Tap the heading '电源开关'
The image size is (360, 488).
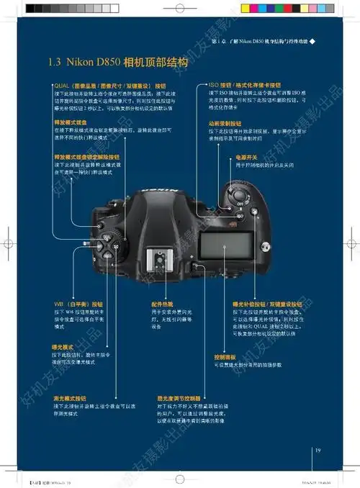[247, 157]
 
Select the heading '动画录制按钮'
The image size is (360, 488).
[225, 123]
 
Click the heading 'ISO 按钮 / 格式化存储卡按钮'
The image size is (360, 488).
[244, 85]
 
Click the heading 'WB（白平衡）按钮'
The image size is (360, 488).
[78, 304]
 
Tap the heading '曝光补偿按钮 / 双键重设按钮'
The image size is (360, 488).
[267, 304]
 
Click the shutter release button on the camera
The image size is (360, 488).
[236, 194]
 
